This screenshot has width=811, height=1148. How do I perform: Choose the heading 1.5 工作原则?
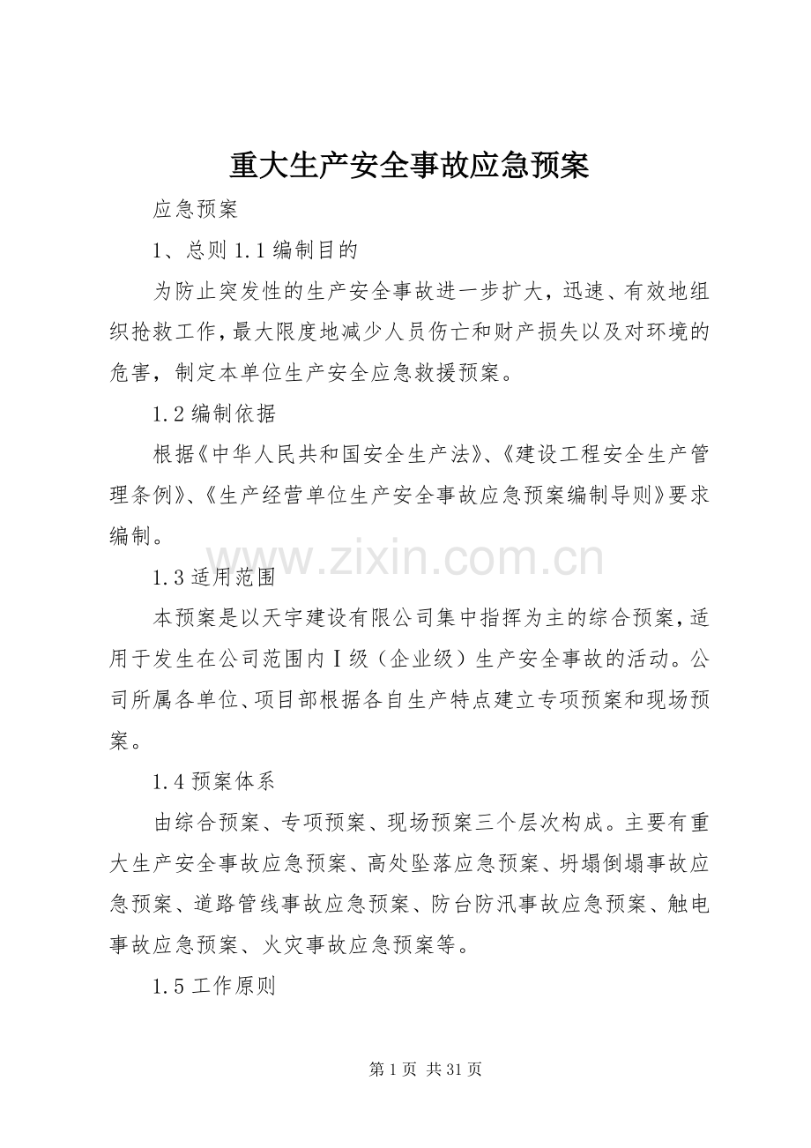tap(214, 987)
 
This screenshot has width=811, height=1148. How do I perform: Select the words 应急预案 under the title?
tap(195, 210)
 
